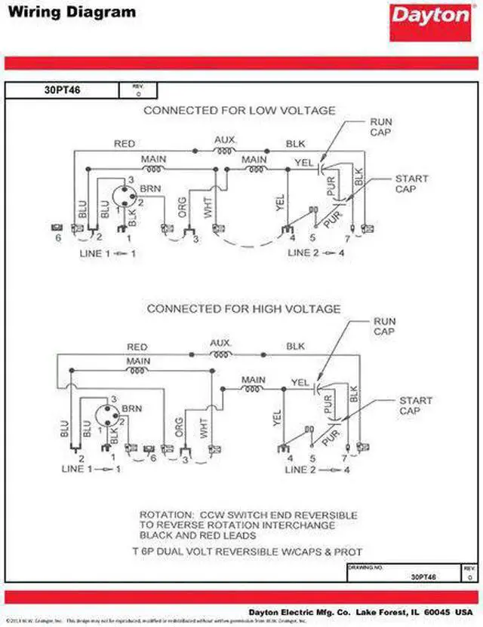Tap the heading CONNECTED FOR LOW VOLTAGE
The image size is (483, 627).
coord(239,111)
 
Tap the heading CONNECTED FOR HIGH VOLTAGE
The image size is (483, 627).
coord(243,309)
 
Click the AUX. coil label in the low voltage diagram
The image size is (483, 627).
coord(225,139)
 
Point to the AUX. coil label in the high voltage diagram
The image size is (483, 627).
coord(220,342)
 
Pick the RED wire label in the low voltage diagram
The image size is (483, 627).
coord(125,142)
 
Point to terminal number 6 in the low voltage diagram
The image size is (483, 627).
coord(57,238)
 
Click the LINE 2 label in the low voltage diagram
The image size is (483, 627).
coord(303,253)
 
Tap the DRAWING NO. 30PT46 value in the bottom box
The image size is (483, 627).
coord(423,577)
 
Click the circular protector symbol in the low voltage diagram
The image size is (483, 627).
coord(124,196)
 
